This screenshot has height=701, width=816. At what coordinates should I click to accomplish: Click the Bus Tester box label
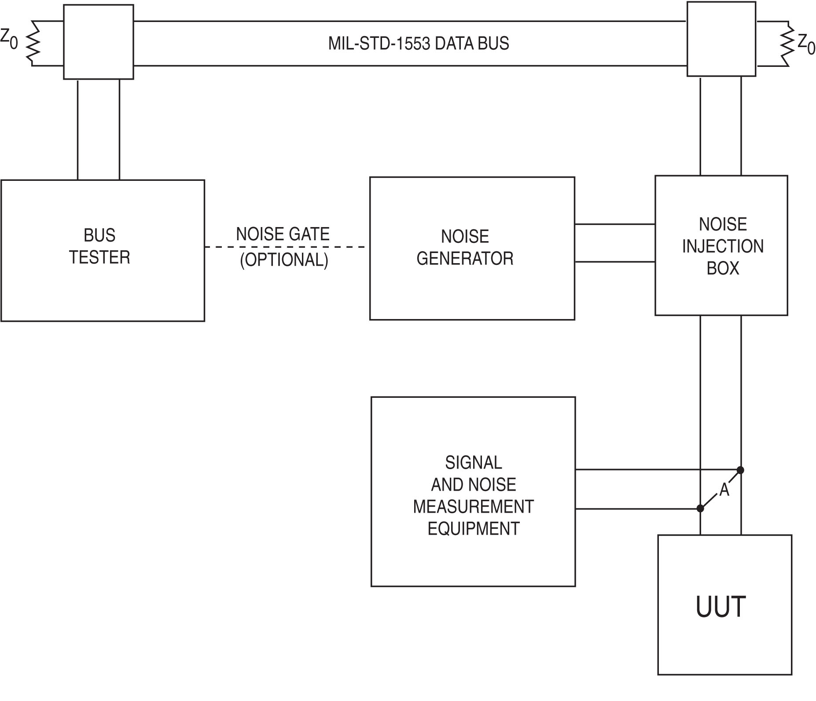tap(100, 246)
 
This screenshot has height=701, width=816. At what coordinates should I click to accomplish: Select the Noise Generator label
tap(465, 247)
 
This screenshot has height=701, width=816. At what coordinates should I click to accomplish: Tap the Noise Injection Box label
tap(723, 246)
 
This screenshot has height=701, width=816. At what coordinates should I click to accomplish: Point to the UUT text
tap(720, 607)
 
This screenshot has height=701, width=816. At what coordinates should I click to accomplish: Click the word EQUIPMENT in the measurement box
tap(474, 529)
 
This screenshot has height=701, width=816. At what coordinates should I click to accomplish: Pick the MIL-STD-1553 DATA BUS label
tap(419, 44)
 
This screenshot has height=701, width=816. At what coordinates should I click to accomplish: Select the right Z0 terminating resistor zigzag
tap(787, 44)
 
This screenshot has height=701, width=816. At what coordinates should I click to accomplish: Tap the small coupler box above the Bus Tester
tap(99, 42)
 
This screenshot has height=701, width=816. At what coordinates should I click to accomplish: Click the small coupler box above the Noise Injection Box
tap(721, 39)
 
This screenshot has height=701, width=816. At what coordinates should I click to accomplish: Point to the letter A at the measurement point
tap(724, 490)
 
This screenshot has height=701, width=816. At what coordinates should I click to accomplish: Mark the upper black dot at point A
tap(740, 470)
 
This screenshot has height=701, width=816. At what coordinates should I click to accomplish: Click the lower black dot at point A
tap(700, 509)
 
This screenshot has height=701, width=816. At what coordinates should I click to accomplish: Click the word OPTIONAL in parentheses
tap(284, 260)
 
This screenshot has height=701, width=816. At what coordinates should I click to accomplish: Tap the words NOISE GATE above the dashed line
tap(283, 234)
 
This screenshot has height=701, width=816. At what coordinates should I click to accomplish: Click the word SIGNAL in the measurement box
tap(474, 462)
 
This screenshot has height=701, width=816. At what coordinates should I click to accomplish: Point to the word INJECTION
tap(723, 246)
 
